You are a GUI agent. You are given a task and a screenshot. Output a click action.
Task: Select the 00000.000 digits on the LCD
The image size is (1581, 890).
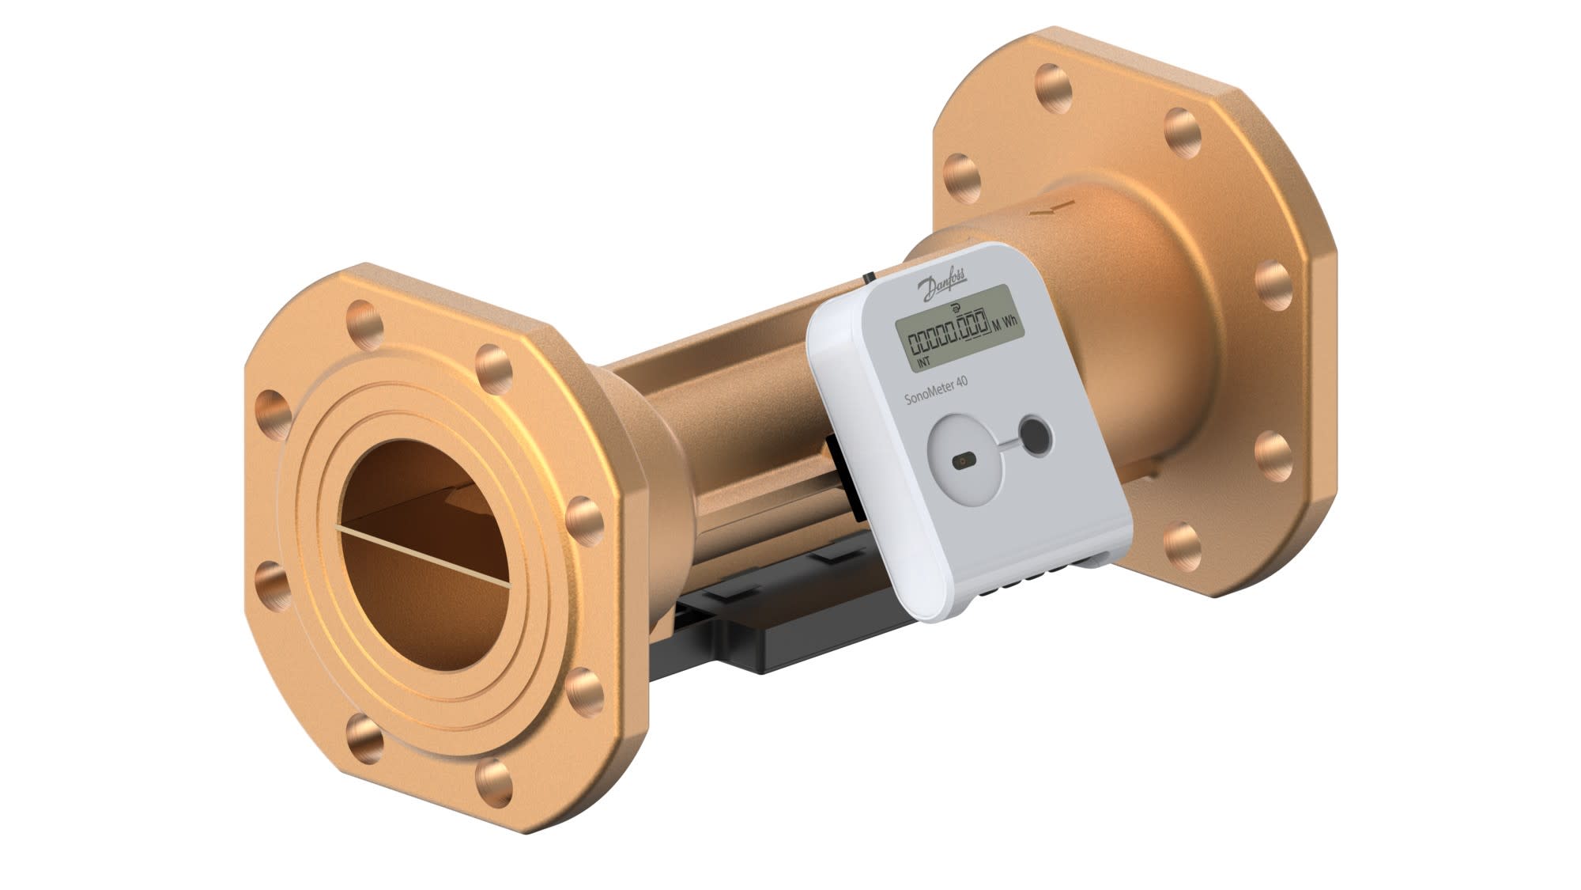[948, 333]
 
